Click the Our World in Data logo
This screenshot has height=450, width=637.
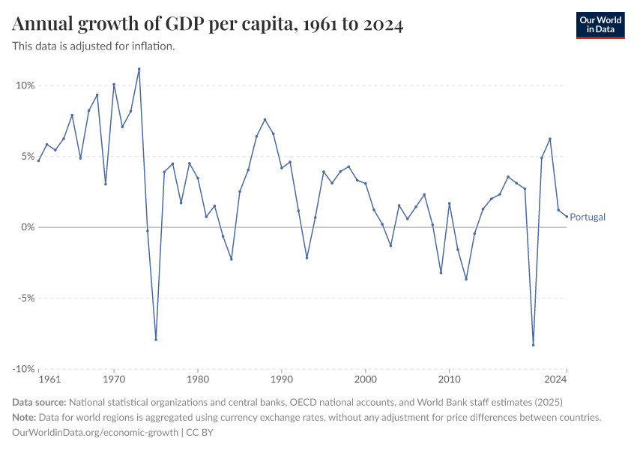(600, 25)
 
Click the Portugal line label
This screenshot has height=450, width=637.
(588, 217)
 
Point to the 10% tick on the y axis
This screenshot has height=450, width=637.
(25, 85)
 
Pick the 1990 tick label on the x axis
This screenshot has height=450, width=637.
(282, 380)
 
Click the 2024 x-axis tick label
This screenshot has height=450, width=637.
(555, 380)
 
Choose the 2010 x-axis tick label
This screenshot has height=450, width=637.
(449, 380)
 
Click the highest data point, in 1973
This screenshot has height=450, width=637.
(139, 69)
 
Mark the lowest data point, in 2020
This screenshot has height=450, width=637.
(533, 345)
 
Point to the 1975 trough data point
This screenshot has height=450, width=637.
(156, 340)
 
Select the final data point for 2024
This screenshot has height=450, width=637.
(567, 215)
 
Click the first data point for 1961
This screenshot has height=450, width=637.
(38, 160)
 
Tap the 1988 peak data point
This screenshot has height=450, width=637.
(265, 119)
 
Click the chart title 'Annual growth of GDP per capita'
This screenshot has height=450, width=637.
(208, 25)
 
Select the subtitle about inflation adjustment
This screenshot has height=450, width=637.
(94, 46)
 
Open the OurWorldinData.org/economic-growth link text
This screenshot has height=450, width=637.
(95, 432)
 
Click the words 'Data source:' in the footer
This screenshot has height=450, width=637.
(40, 401)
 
